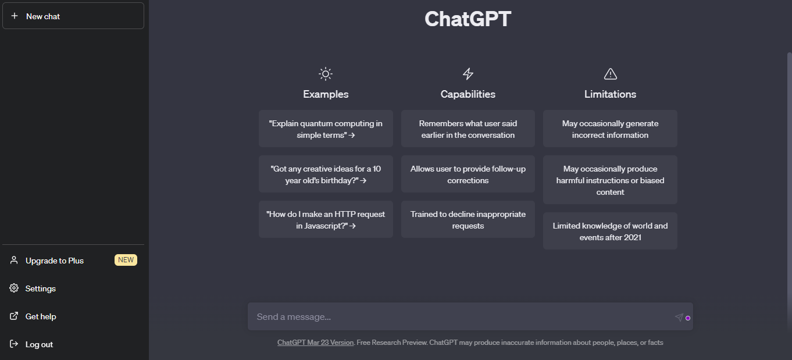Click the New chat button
pyautogui.click(x=73, y=16)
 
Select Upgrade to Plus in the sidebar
pyautogui.click(x=55, y=261)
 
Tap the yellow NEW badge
pyautogui.click(x=126, y=260)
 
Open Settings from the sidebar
pyautogui.click(x=40, y=288)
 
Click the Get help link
pyautogui.click(x=41, y=316)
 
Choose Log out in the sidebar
pyautogui.click(x=39, y=344)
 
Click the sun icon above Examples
pyautogui.click(x=326, y=74)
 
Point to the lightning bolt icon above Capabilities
pyautogui.click(x=468, y=74)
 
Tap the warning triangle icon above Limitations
pyautogui.click(x=610, y=74)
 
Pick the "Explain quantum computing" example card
pyautogui.click(x=326, y=129)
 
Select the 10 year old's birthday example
pyautogui.click(x=326, y=174)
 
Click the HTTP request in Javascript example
pyautogui.click(x=326, y=219)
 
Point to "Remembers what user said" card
pyautogui.click(x=468, y=129)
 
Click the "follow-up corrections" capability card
pyautogui.click(x=468, y=174)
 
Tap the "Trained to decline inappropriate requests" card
pyautogui.click(x=468, y=219)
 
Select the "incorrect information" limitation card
pyautogui.click(x=610, y=129)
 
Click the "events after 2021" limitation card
pyautogui.click(x=610, y=231)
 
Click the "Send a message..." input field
pyautogui.click(x=459, y=316)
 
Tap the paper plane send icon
pyautogui.click(x=679, y=317)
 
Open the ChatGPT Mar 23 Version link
pyautogui.click(x=315, y=343)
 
